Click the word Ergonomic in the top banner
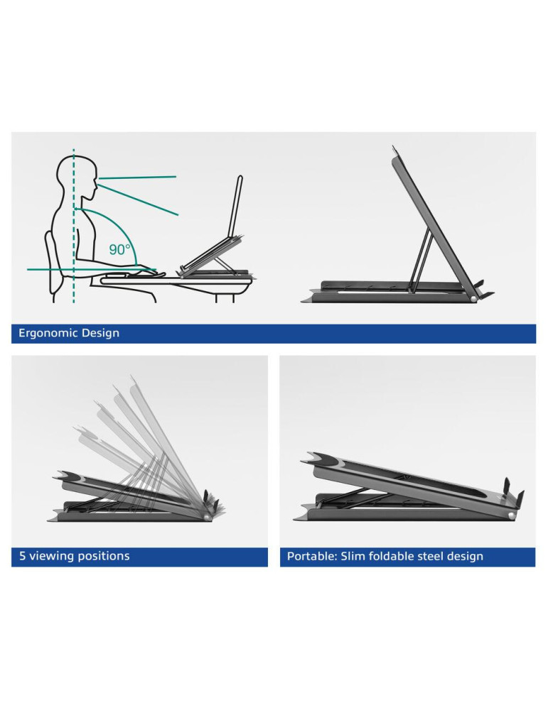pos(48,333)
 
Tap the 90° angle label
pos(119,249)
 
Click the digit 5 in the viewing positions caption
pos(22,556)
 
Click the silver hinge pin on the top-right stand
pos(473,299)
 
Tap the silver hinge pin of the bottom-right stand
pos(511,515)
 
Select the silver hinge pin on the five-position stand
pos(208,517)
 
